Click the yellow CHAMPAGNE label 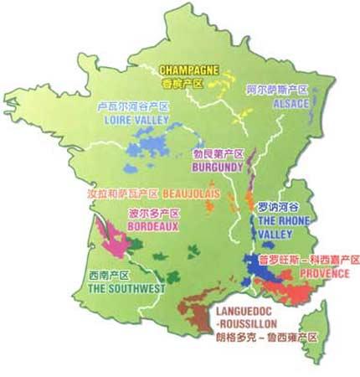click(189, 71)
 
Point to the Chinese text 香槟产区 click(181, 84)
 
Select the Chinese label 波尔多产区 click(149, 213)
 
